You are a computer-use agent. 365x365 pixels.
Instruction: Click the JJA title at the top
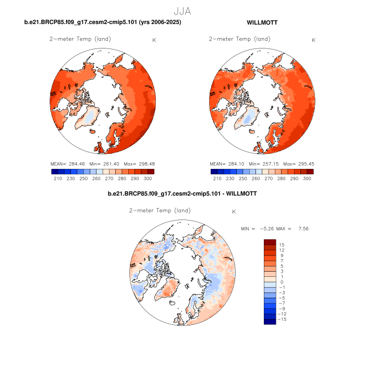[182, 10]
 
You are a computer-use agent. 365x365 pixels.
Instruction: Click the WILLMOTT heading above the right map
[262, 22]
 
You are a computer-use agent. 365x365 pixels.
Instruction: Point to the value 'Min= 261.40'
[102, 164]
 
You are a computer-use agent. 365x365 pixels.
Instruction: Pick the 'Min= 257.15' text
[262, 164]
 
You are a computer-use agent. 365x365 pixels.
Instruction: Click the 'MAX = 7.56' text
[296, 229]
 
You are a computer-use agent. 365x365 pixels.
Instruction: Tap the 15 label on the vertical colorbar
[281, 245]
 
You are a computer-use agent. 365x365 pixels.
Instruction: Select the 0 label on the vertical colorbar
[281, 282]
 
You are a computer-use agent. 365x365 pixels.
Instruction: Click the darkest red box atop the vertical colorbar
[269, 242]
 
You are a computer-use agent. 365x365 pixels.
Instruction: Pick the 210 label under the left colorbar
[57, 178]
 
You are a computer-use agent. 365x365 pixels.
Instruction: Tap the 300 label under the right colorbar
[307, 178]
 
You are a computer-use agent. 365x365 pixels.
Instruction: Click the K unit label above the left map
[153, 40]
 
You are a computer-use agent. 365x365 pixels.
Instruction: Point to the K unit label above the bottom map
[234, 212]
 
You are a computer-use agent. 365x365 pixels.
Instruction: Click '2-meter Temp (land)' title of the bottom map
[160, 211]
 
